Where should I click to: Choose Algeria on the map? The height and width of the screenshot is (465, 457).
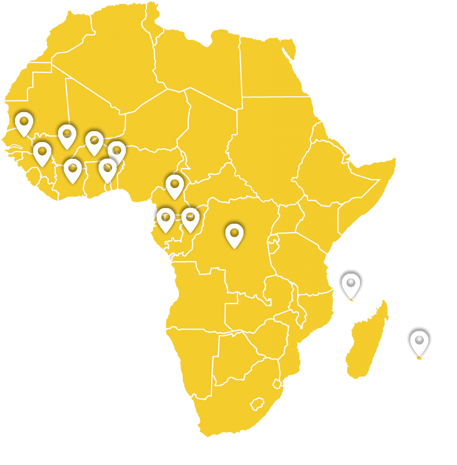click(113, 59)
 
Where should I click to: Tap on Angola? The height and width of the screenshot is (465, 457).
click(200, 295)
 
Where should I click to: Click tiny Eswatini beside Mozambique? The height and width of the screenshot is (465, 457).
click(276, 384)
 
